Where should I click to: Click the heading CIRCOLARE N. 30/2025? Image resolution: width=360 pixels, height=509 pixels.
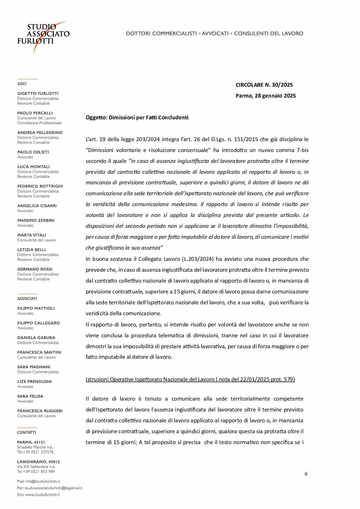click(x=264, y=85)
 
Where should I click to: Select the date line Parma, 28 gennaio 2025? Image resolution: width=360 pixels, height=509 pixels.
click(x=265, y=96)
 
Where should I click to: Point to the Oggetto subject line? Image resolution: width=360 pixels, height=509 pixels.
click(x=137, y=118)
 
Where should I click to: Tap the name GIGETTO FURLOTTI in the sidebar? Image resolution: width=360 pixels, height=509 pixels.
click(x=38, y=94)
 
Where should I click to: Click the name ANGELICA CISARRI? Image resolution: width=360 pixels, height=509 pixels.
click(x=37, y=206)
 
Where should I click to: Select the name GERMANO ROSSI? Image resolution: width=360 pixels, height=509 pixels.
click(x=35, y=269)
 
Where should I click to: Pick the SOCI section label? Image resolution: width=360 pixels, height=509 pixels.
click(x=22, y=84)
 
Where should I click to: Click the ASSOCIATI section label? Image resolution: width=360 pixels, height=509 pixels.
click(x=27, y=299)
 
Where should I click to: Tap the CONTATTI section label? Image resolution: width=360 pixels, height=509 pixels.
click(x=27, y=432)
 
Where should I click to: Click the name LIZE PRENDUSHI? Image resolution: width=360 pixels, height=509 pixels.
click(x=34, y=381)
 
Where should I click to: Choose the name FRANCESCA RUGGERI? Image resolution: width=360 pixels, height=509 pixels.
click(x=40, y=411)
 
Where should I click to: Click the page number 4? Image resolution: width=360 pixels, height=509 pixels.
click(x=306, y=474)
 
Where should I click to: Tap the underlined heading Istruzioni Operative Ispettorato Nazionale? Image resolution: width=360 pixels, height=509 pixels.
click(x=190, y=379)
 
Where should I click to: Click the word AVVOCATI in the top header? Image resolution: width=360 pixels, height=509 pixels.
click(x=215, y=33)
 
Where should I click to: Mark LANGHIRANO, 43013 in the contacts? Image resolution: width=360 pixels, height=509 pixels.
click(x=38, y=462)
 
